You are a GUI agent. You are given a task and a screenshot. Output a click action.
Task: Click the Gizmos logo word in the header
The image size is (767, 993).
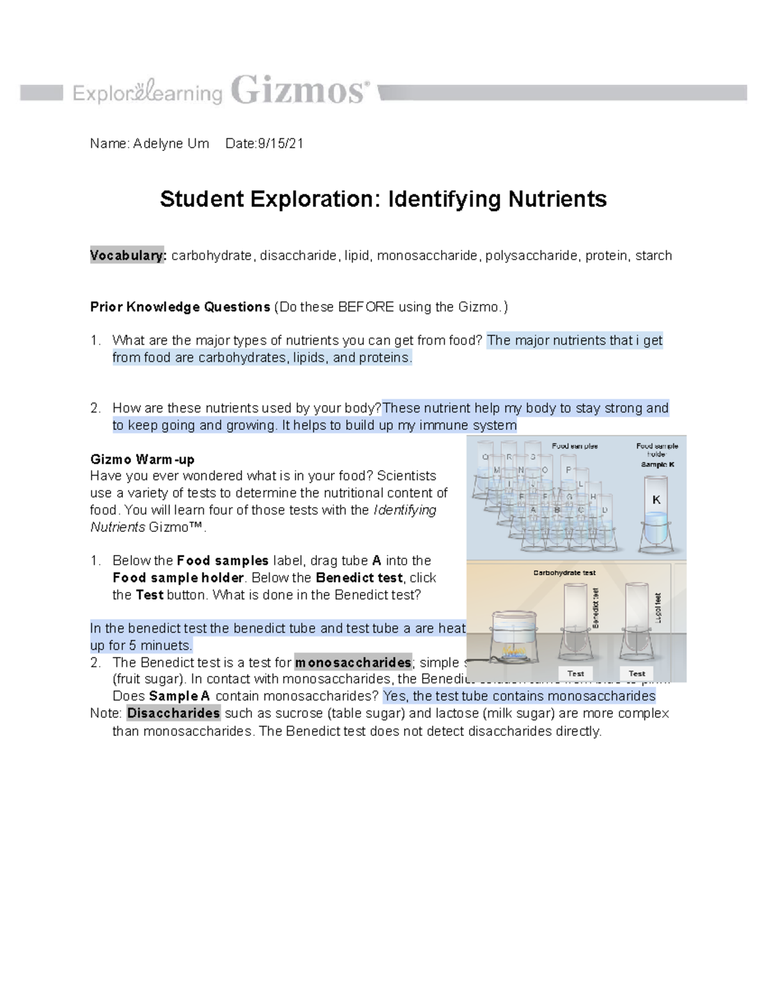[x=299, y=91]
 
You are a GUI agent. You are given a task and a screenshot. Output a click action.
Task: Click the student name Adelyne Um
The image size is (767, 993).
[x=171, y=144]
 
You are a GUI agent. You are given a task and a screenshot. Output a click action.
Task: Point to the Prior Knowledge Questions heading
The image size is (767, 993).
[x=180, y=307]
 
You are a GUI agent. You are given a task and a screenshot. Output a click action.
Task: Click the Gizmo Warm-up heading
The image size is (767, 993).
[x=142, y=459]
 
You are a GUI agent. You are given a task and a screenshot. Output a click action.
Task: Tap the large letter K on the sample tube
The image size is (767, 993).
[x=656, y=500]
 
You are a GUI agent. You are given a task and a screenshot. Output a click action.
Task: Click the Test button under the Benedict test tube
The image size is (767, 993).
[x=575, y=673]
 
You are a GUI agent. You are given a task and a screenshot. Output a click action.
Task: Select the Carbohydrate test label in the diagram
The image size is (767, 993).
[x=564, y=573]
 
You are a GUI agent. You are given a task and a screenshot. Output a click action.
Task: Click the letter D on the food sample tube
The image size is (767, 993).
[x=604, y=510]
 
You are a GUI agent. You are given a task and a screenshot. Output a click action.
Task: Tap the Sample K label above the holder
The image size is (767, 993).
[x=657, y=464]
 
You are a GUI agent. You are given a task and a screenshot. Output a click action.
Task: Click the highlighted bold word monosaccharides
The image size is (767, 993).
[x=353, y=662]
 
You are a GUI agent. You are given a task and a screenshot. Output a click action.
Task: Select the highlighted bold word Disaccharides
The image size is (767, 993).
[x=173, y=713]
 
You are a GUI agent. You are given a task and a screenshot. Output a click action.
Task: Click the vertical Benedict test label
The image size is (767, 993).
[x=595, y=608]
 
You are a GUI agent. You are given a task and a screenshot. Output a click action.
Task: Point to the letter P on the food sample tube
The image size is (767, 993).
[x=568, y=470]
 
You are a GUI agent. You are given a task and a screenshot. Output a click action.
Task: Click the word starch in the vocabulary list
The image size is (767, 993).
[x=653, y=256]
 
